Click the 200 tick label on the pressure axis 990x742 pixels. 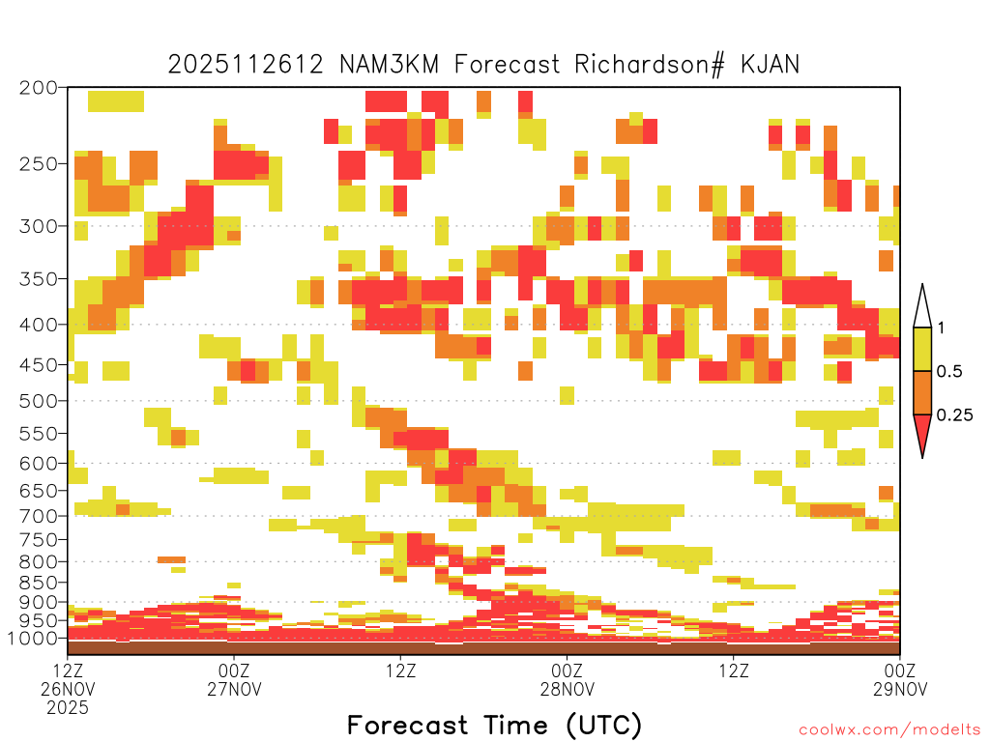click(x=38, y=88)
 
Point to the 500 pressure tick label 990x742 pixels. click(x=38, y=401)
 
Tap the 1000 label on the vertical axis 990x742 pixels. click(x=32, y=639)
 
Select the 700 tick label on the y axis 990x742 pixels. click(x=38, y=516)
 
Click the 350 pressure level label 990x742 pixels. click(x=38, y=279)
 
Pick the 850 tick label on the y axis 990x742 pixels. click(x=38, y=583)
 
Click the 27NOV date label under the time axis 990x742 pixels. click(x=234, y=689)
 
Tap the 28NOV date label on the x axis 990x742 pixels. click(x=567, y=689)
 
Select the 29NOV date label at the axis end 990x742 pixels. click(x=900, y=689)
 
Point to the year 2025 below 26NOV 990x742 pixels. click(x=68, y=708)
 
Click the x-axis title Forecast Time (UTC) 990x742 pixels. click(x=494, y=725)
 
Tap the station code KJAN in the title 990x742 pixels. click(x=770, y=65)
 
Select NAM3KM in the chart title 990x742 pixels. click(x=389, y=65)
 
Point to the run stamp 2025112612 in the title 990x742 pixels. click(x=246, y=65)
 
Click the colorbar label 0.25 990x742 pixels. click(x=954, y=415)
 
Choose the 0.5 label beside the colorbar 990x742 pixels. click(x=949, y=371)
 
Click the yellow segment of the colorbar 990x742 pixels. click(x=922, y=349)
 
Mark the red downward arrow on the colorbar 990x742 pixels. click(x=922, y=436)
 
